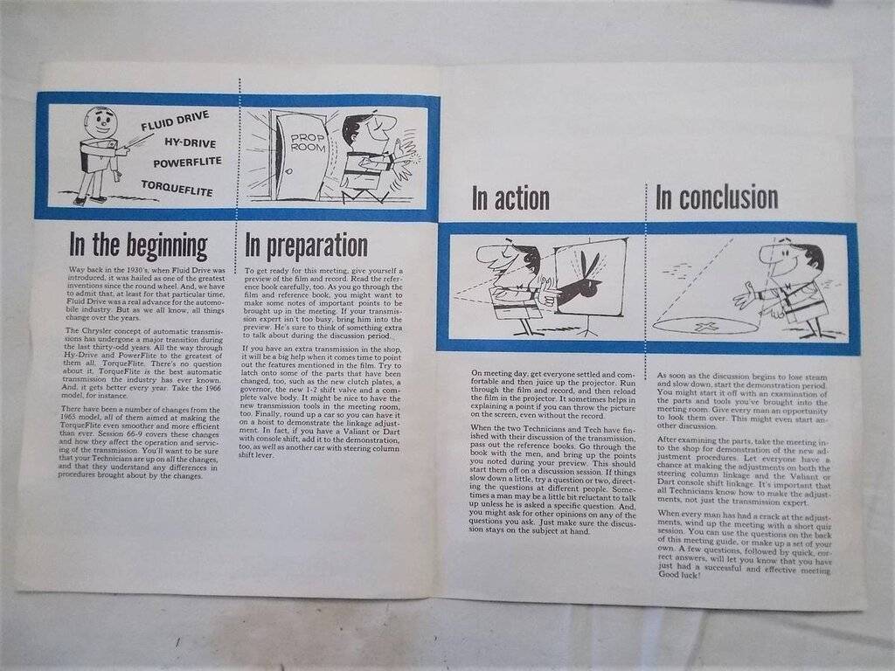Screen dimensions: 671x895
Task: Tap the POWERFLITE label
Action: point(187,163)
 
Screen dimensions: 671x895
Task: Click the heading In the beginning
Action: point(138,245)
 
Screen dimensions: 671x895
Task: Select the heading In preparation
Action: point(306,246)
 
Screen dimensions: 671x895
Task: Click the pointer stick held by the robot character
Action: point(138,142)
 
